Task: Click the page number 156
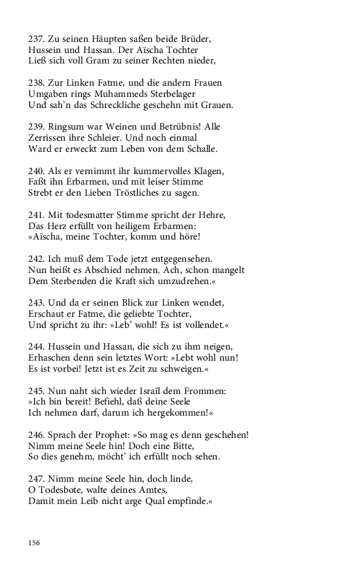pos(34,543)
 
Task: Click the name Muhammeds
pos(141,94)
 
